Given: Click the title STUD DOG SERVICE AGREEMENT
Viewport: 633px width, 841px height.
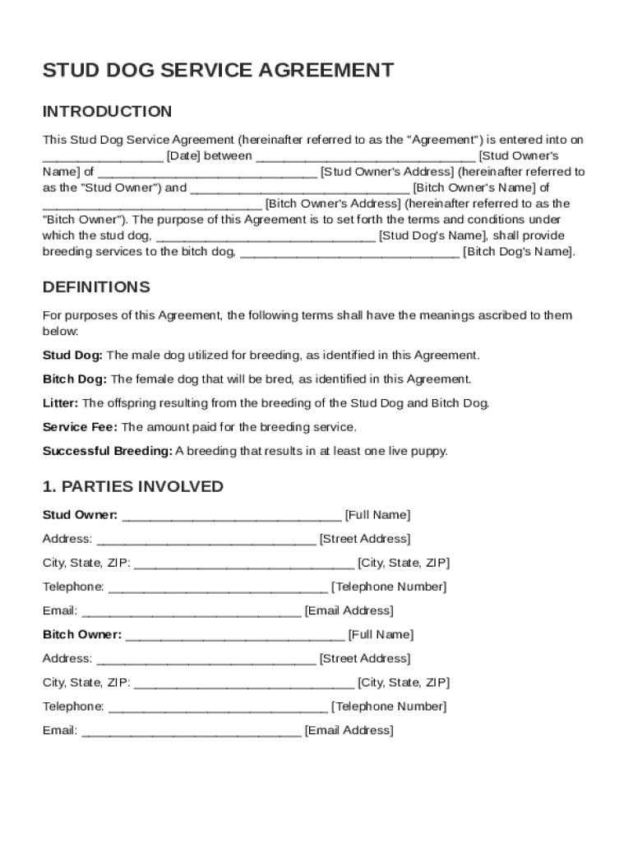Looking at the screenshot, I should coord(218,71).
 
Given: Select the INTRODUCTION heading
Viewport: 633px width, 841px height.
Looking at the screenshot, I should coord(107,112).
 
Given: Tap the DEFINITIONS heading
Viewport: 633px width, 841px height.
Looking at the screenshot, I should coord(96,287).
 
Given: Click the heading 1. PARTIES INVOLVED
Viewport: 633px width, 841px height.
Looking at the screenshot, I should coord(132,487).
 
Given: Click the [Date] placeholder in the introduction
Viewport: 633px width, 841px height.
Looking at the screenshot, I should coord(183,156).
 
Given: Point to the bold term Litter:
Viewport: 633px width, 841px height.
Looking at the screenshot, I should coord(60,403).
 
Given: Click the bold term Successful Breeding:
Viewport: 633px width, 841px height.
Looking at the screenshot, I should coord(107,451).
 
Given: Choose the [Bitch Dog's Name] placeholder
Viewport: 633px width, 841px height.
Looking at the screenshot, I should coord(518,252).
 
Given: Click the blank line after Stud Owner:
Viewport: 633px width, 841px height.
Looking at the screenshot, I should coord(231,516).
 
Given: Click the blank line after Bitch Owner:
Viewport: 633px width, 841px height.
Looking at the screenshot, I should coord(235,635).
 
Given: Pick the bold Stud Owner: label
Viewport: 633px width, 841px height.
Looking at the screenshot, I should coord(80,515).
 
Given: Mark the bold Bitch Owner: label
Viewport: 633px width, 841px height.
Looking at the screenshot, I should coord(82,635).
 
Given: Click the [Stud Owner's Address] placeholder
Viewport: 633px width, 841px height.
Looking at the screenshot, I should coord(387,172).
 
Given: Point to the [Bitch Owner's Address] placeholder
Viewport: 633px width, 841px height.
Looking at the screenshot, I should coord(333,204).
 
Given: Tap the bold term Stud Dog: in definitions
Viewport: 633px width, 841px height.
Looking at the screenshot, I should coord(72,356).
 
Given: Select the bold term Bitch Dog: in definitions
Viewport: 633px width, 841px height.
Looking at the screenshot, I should coord(75,379).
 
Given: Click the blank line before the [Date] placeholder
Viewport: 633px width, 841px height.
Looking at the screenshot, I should coord(103,156).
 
